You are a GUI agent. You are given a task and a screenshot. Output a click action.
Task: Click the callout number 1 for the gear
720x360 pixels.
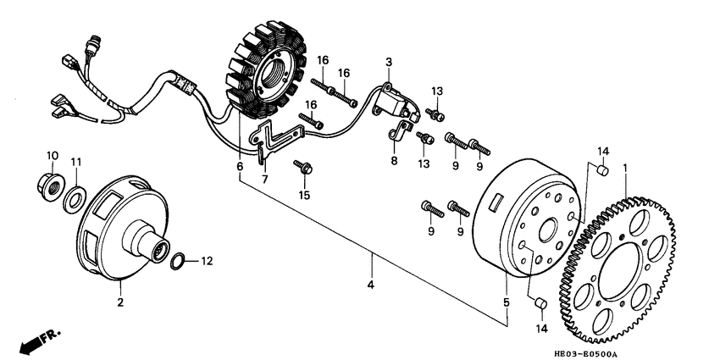(x=625, y=169)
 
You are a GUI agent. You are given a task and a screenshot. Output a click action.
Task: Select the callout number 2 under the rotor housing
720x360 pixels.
(x=119, y=301)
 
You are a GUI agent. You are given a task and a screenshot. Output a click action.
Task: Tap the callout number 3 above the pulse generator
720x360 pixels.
(x=389, y=62)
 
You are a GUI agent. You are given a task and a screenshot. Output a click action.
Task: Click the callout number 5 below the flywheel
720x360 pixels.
(x=507, y=302)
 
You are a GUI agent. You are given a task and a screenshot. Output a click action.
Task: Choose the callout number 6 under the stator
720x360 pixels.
(x=240, y=166)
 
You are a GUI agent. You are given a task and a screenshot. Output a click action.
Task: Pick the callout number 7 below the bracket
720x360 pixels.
(x=264, y=179)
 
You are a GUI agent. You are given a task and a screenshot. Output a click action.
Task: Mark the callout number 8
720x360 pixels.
(x=393, y=160)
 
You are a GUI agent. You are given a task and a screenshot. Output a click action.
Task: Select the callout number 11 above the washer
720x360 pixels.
(x=76, y=161)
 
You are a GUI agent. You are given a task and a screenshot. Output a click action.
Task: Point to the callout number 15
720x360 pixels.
(x=302, y=196)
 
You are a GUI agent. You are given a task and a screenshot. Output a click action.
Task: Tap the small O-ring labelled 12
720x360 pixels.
(x=180, y=261)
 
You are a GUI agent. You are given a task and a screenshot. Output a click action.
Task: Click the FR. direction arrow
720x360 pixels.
(x=37, y=339)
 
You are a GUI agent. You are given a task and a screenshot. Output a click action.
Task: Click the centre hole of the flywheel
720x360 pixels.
(x=542, y=230)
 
